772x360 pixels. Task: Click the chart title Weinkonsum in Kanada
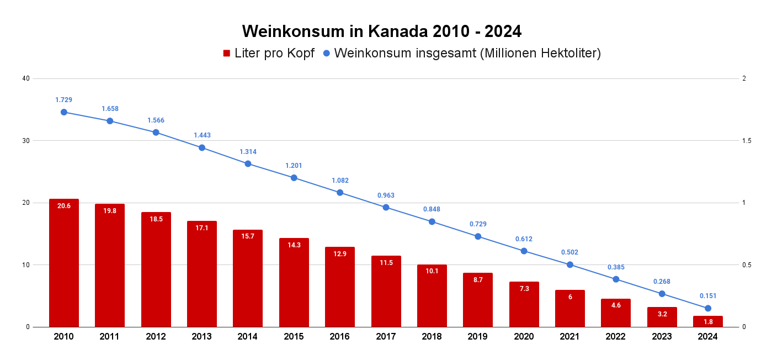pyautogui.click(x=381, y=31)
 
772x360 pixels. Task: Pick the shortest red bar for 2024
pyautogui.click(x=708, y=321)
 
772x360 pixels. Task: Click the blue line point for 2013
pyautogui.click(x=202, y=148)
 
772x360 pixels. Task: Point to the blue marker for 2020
pyautogui.click(x=524, y=251)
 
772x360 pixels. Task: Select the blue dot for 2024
pyautogui.click(x=708, y=308)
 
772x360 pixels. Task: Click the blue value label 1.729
pyautogui.click(x=64, y=100)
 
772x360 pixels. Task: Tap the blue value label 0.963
pyautogui.click(x=386, y=195)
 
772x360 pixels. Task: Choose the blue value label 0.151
pyautogui.click(x=708, y=296)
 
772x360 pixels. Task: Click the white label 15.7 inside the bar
pyautogui.click(x=248, y=236)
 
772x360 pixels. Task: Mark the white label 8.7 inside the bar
pyautogui.click(x=478, y=280)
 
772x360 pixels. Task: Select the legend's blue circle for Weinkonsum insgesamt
pyautogui.click(x=326, y=54)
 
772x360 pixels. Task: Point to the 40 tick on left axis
pyautogui.click(x=25, y=78)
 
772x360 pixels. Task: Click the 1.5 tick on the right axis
pyautogui.click(x=747, y=141)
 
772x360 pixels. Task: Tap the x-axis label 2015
pyautogui.click(x=294, y=337)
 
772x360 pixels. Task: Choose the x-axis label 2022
pyautogui.click(x=616, y=337)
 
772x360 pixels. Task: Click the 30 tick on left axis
pyautogui.click(x=25, y=141)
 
